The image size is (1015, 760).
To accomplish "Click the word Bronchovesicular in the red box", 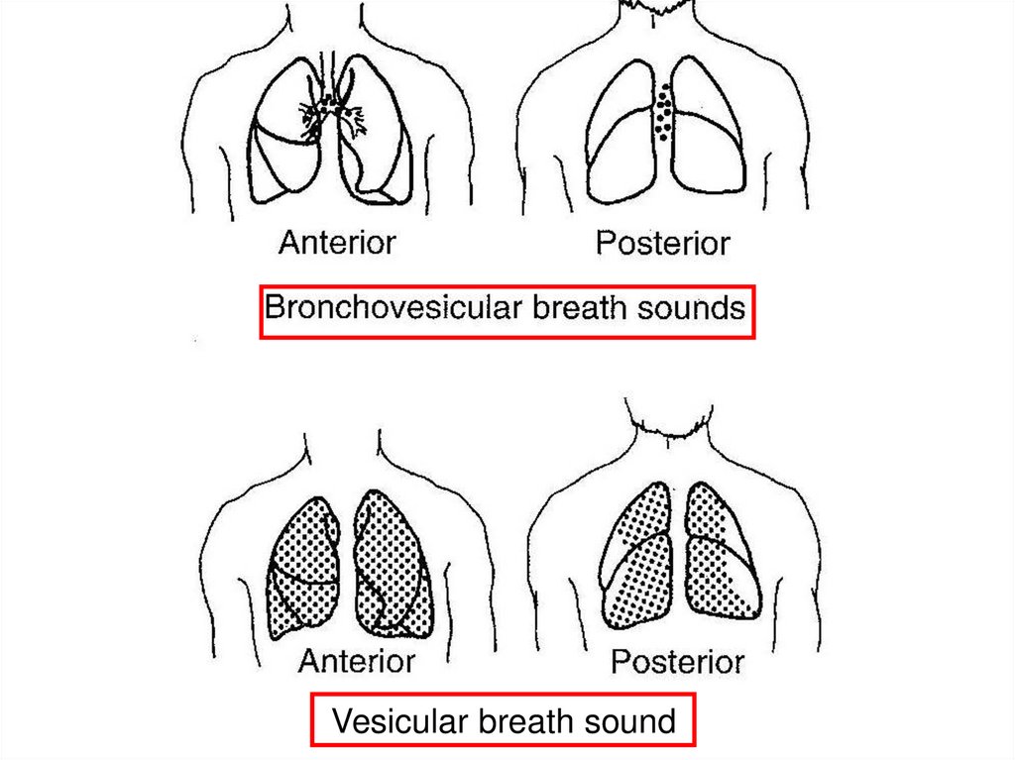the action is (x=395, y=309).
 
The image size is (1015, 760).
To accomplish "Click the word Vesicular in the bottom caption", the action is (x=400, y=720).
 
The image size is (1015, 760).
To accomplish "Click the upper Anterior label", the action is (x=337, y=242).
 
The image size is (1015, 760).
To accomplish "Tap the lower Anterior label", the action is (x=357, y=660).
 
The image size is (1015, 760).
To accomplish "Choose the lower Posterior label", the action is (x=677, y=661).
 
